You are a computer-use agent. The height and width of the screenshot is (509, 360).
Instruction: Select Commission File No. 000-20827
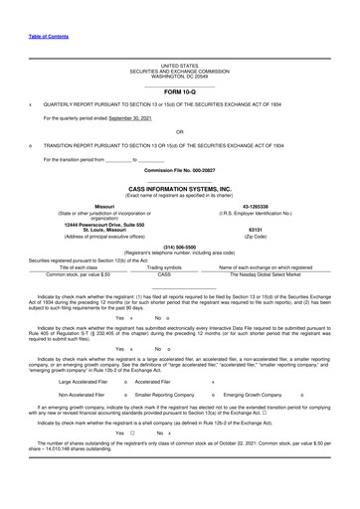pos(179,170)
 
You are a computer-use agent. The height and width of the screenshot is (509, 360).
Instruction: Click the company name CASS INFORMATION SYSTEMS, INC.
pos(179,187)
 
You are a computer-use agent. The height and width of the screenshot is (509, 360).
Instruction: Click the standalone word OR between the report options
pos(179,131)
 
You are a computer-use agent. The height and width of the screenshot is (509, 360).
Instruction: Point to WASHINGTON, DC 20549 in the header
pos(179,77)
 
